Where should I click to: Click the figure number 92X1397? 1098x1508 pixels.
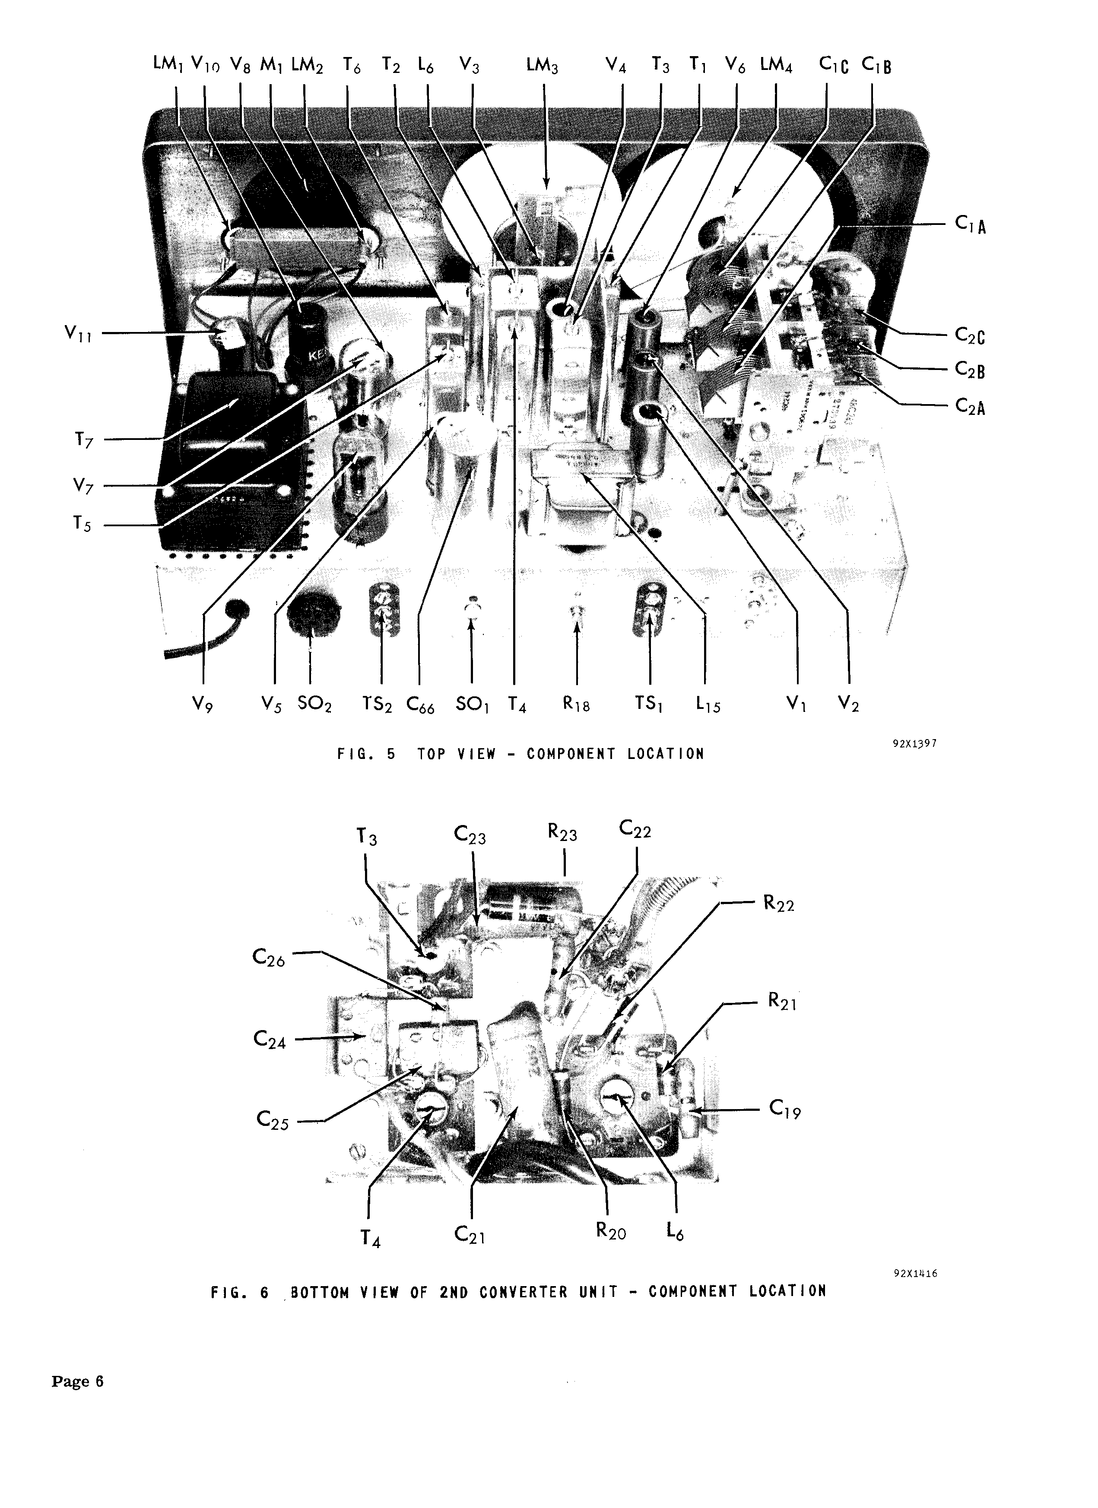tap(914, 743)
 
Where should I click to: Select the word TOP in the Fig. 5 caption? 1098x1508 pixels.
tap(431, 754)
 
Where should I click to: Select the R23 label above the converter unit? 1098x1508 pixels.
tap(563, 834)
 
